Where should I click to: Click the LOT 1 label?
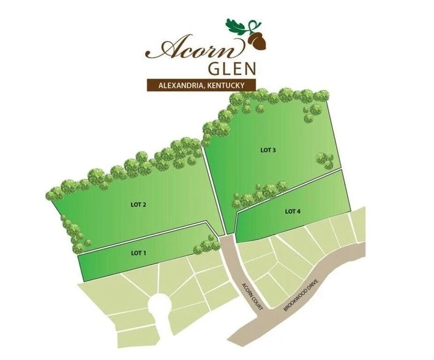(x=138, y=252)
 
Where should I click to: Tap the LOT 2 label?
(x=138, y=205)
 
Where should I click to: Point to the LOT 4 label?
(x=293, y=212)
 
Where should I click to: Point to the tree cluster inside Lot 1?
(x=206, y=246)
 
